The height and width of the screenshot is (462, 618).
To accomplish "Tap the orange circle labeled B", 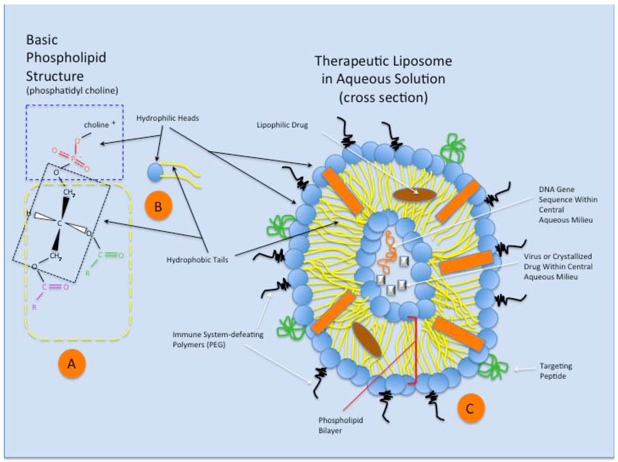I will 158,208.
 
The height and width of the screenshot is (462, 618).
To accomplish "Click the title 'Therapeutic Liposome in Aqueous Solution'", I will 383,79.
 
